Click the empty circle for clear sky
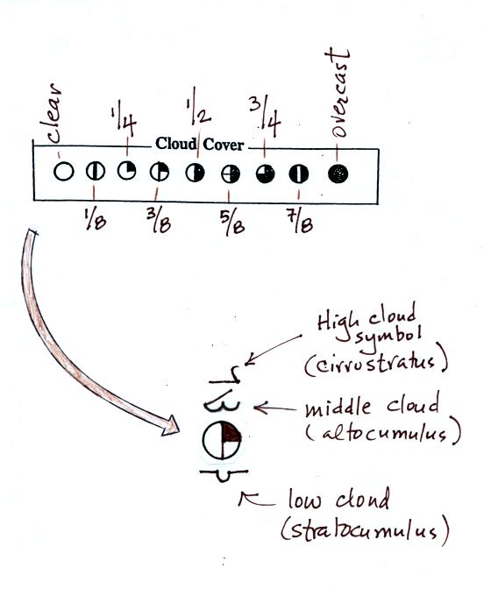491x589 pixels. pyautogui.click(x=63, y=172)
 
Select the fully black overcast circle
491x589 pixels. pyautogui.click(x=338, y=174)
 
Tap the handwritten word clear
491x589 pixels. pyautogui.click(x=53, y=113)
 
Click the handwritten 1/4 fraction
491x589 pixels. pyautogui.click(x=124, y=121)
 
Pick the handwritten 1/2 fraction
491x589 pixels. pyautogui.click(x=199, y=107)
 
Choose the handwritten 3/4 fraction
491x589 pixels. pyautogui.click(x=265, y=117)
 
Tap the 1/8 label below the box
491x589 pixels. pyautogui.click(x=95, y=219)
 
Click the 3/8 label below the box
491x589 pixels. pyautogui.click(x=159, y=221)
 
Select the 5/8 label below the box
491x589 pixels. pyautogui.click(x=231, y=223)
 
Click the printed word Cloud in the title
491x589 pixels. pyautogui.click(x=176, y=144)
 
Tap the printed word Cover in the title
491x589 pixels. pyautogui.click(x=224, y=145)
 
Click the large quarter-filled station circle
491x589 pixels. pyautogui.click(x=222, y=439)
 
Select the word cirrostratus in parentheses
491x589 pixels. pyautogui.click(x=376, y=364)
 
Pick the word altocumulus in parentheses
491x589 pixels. pyautogui.click(x=383, y=433)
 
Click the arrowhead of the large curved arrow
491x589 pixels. pyautogui.click(x=171, y=426)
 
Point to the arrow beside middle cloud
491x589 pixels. pyautogui.click(x=275, y=408)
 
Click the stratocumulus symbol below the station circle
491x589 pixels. pyautogui.click(x=224, y=475)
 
